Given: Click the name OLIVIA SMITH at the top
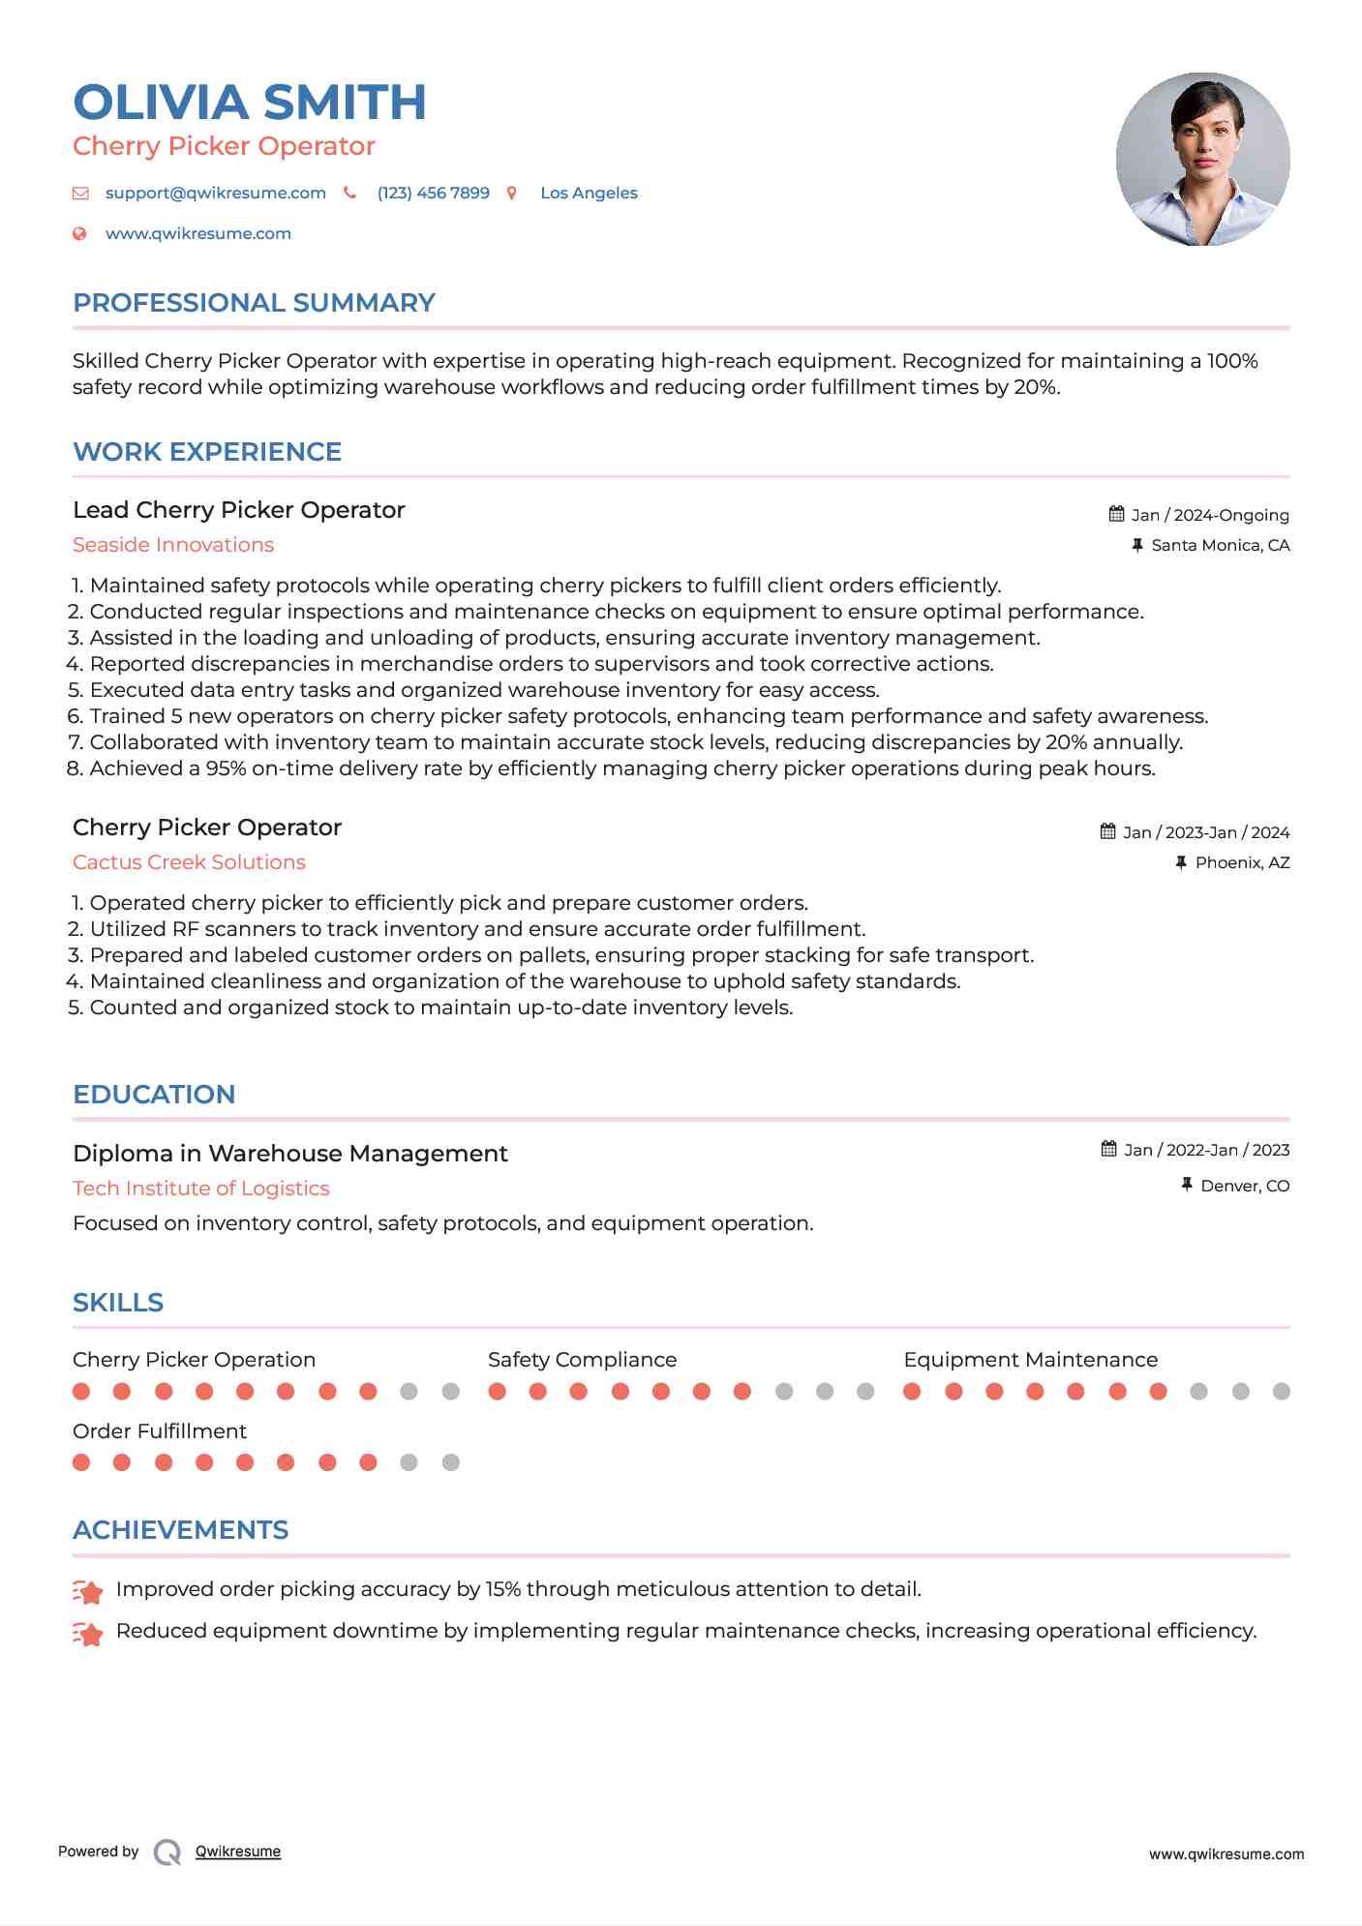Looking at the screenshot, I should [x=249, y=103].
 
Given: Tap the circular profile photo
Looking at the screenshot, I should [x=1202, y=159].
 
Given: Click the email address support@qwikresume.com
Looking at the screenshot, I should [x=215, y=193].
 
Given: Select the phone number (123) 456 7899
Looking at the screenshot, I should [x=433, y=193].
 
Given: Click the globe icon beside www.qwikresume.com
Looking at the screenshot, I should [x=80, y=233].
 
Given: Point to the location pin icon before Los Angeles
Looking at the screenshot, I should [x=512, y=193].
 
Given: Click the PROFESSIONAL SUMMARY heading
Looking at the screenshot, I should [x=254, y=303].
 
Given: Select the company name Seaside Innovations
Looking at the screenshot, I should [x=173, y=545].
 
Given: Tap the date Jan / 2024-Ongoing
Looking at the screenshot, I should [x=1209, y=515].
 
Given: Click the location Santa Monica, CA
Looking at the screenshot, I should [x=1220, y=545].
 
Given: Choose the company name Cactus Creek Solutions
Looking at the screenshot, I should [x=189, y=862].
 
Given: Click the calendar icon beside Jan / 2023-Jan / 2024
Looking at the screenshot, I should [x=1108, y=831].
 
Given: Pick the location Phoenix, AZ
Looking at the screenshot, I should [x=1242, y=862].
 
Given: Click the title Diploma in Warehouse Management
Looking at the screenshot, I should [x=289, y=1154].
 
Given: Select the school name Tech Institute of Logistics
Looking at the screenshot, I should [x=200, y=1189].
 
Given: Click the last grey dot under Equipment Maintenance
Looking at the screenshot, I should [x=1282, y=1392].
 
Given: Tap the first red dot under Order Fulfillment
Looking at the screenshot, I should [x=81, y=1462].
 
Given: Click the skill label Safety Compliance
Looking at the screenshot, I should [x=582, y=1360].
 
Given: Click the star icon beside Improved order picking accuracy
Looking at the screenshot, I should [x=88, y=1591].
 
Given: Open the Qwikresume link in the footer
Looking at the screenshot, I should [x=238, y=1851].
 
